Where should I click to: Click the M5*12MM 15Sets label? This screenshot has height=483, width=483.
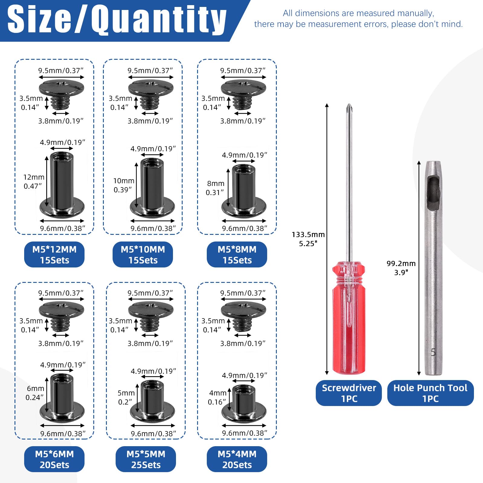pyautogui.click(x=54, y=254)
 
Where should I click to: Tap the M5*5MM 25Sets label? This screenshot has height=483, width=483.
pyautogui.click(x=146, y=459)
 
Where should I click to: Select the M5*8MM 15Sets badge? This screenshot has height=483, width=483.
pyautogui.click(x=237, y=254)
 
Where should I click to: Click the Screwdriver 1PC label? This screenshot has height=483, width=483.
pyautogui.click(x=349, y=393)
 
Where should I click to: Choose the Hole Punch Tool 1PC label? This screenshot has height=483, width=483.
pyautogui.click(x=430, y=393)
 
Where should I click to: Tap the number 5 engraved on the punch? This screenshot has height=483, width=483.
pyautogui.click(x=433, y=352)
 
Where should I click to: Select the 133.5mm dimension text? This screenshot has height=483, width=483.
pyautogui.click(x=308, y=235)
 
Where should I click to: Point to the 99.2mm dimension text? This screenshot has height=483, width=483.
pyautogui.click(x=401, y=264)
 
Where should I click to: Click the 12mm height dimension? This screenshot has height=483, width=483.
pyautogui.click(x=34, y=177)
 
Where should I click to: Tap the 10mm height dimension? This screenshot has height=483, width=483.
pyautogui.click(x=124, y=181)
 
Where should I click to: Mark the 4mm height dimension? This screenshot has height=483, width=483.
pyautogui.click(x=218, y=393)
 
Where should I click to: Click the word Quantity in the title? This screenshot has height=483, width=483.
pyautogui.click(x=159, y=20)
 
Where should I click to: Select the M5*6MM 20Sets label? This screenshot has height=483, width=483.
pyautogui.click(x=54, y=459)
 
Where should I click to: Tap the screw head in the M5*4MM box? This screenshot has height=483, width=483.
pyautogui.click(x=243, y=315)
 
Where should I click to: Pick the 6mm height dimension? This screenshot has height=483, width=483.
pyautogui.click(x=36, y=389)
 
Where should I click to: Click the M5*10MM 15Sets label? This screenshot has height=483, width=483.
pyautogui.click(x=143, y=254)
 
